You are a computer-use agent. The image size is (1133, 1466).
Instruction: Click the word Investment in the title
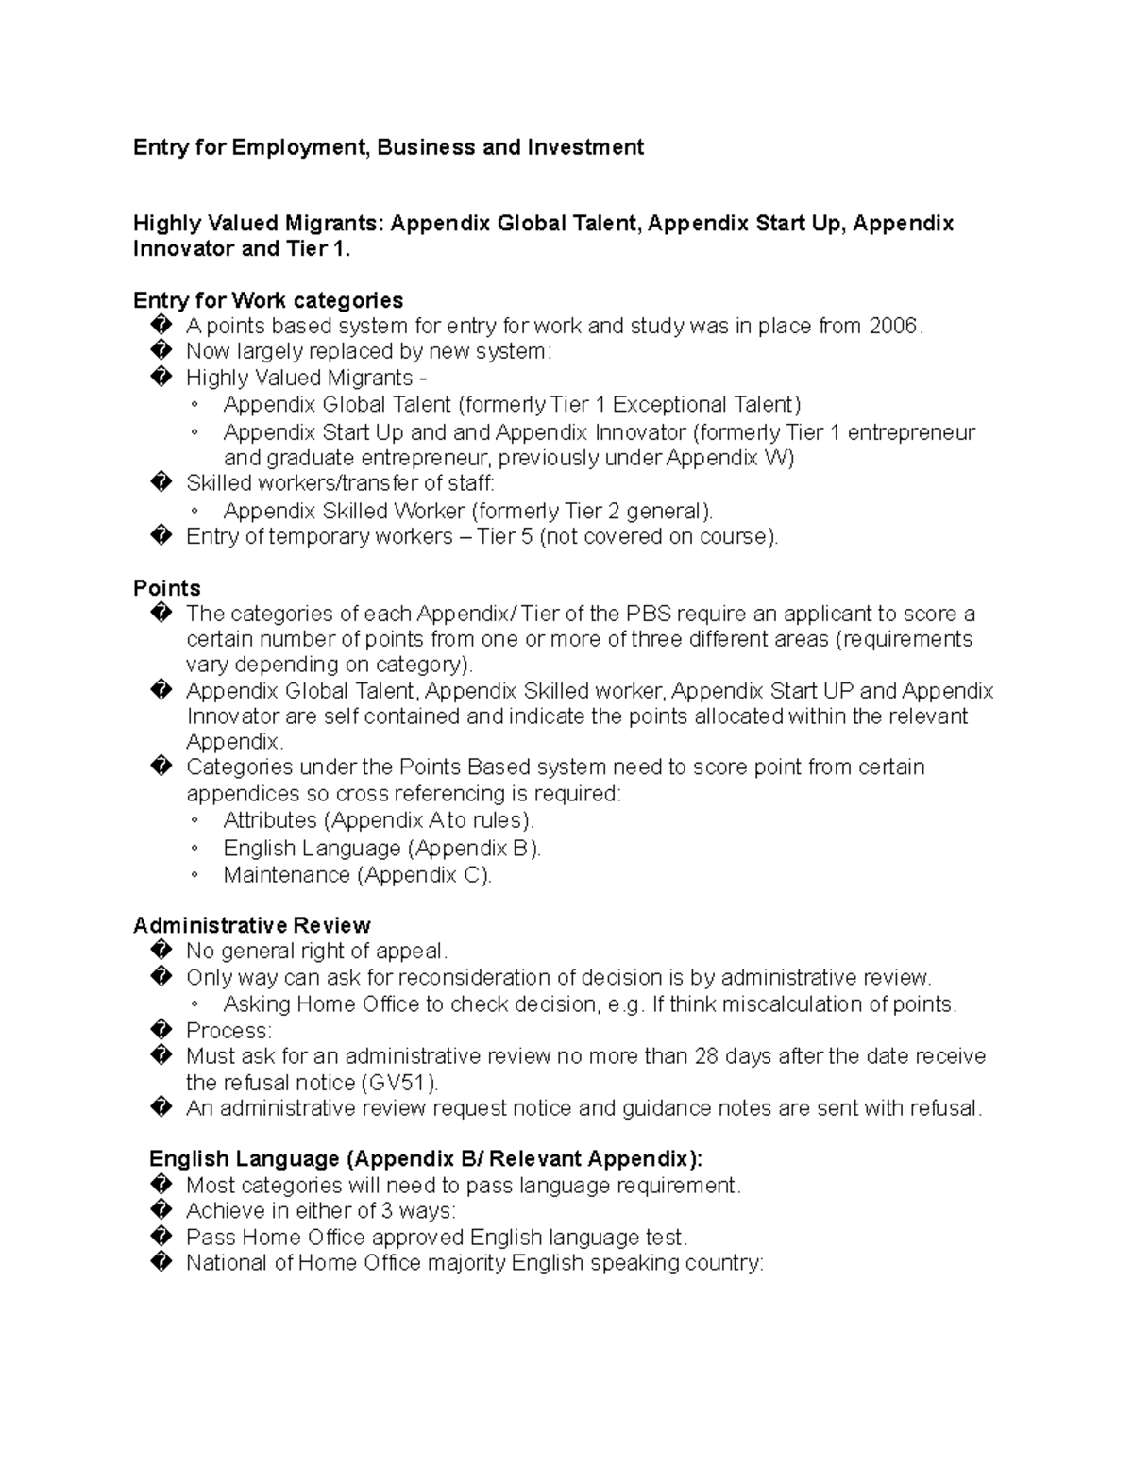(585, 147)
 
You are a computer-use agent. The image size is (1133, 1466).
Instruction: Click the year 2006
(892, 327)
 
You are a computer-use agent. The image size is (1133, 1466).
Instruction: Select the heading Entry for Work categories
(268, 300)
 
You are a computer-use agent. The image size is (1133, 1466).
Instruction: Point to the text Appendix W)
(730, 459)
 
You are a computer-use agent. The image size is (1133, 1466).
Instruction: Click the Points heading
(166, 588)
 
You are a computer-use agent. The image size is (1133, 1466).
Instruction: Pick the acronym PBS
(649, 614)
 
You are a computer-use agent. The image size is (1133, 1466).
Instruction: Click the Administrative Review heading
(251, 925)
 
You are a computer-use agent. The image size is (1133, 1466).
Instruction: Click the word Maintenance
(286, 875)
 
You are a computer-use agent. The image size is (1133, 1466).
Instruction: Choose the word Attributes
(270, 820)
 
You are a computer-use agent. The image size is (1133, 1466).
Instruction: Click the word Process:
(228, 1031)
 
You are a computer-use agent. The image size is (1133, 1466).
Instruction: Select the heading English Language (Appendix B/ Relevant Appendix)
(426, 1159)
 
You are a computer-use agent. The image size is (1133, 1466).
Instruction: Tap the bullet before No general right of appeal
(161, 951)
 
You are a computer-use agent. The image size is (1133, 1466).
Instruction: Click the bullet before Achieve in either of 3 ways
(161, 1211)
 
